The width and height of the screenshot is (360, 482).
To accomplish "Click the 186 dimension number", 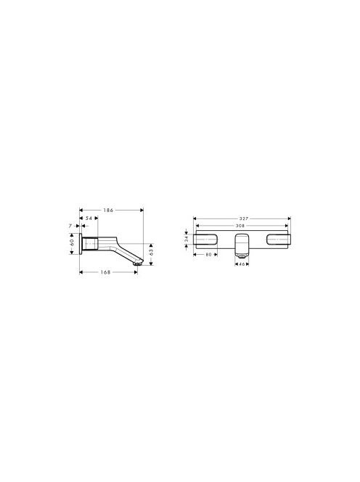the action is coord(108,211).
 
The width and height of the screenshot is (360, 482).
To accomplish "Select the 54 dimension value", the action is coord(89,218).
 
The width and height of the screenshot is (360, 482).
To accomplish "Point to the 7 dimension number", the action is coord(70,226).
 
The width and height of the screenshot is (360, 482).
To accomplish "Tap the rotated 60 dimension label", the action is coord(72,242).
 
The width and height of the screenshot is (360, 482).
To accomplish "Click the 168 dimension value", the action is coord(105,272).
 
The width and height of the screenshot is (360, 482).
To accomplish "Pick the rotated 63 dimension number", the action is coord(151,253).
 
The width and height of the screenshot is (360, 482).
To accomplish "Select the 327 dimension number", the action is coord(243,218).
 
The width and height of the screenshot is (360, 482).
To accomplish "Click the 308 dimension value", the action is coord(240,226).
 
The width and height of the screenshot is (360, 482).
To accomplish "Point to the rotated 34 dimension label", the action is coord(187,239).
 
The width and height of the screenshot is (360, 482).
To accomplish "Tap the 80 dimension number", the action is coord(209,255).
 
